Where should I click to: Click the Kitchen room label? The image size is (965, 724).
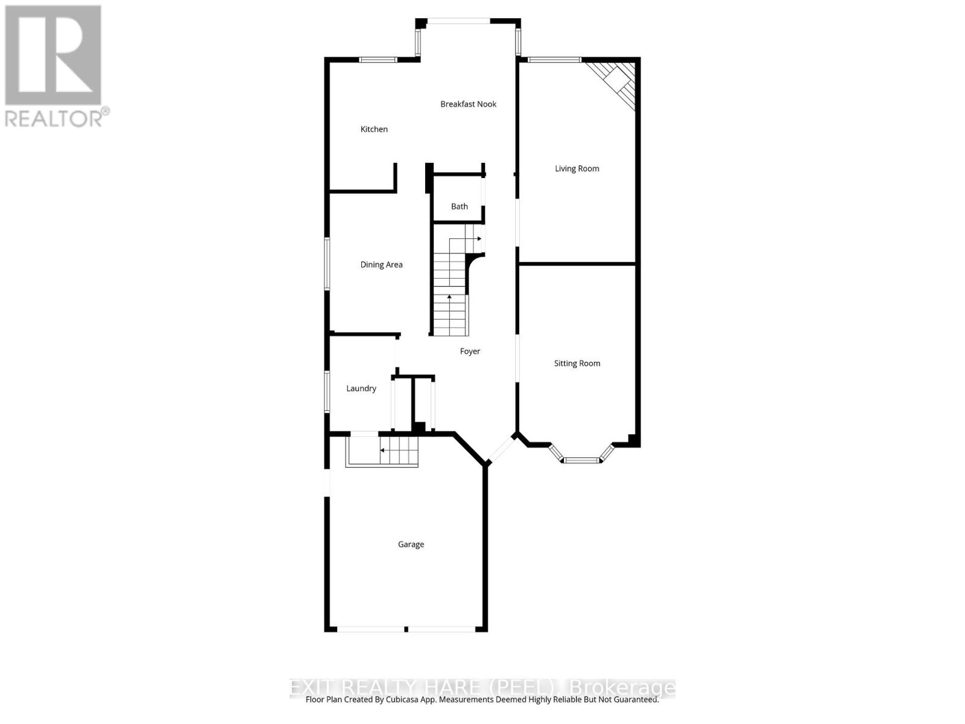click(x=374, y=129)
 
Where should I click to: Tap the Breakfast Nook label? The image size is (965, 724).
click(x=468, y=104)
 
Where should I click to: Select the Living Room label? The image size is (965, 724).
click(x=577, y=169)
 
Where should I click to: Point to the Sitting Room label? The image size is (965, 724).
click(x=577, y=363)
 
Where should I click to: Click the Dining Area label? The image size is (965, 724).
click(x=381, y=265)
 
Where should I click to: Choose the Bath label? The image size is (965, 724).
click(x=459, y=206)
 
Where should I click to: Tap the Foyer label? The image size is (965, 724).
click(x=470, y=351)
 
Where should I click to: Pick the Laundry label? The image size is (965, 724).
click(x=361, y=389)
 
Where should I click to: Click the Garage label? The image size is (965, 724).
click(x=411, y=544)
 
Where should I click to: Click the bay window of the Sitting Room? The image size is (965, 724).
click(x=582, y=460)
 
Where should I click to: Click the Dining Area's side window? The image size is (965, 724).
click(x=327, y=264)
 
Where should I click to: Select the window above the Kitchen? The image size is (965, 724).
click(x=378, y=59)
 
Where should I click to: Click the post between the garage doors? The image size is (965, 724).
click(x=406, y=629)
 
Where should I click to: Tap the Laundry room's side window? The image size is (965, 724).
click(x=327, y=391)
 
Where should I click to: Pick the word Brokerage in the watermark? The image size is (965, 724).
click(x=622, y=688)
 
